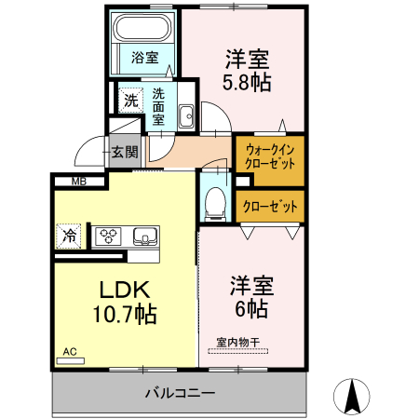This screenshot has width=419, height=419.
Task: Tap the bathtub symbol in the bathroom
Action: [x=145, y=30]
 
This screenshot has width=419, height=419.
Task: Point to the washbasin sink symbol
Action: [x=185, y=115]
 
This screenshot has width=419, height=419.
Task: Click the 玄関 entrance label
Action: [x=124, y=151]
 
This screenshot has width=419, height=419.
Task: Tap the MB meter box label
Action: [x=78, y=182]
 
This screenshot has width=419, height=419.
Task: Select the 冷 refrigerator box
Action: [x=69, y=237]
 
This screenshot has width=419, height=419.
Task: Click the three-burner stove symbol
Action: [x=110, y=236]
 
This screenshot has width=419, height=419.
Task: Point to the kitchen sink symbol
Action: [x=145, y=236]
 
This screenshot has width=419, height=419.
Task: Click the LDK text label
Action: [x=111, y=287]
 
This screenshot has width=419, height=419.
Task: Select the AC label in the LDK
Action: [x=70, y=353]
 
